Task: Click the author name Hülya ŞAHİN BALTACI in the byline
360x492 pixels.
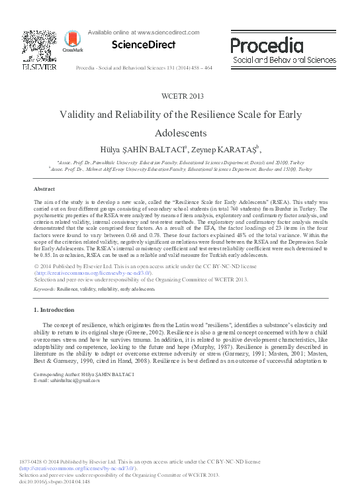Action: (x=147, y=148)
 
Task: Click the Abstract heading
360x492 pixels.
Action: (x=44, y=189)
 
